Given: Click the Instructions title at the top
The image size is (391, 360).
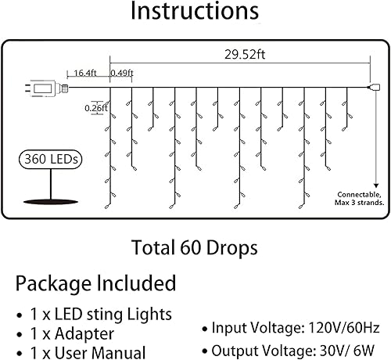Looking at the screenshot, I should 195,13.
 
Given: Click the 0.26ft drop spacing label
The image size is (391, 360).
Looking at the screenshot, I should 93,108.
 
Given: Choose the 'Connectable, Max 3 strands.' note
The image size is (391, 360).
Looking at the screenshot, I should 360,199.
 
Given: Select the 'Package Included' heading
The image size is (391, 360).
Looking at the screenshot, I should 95,283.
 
